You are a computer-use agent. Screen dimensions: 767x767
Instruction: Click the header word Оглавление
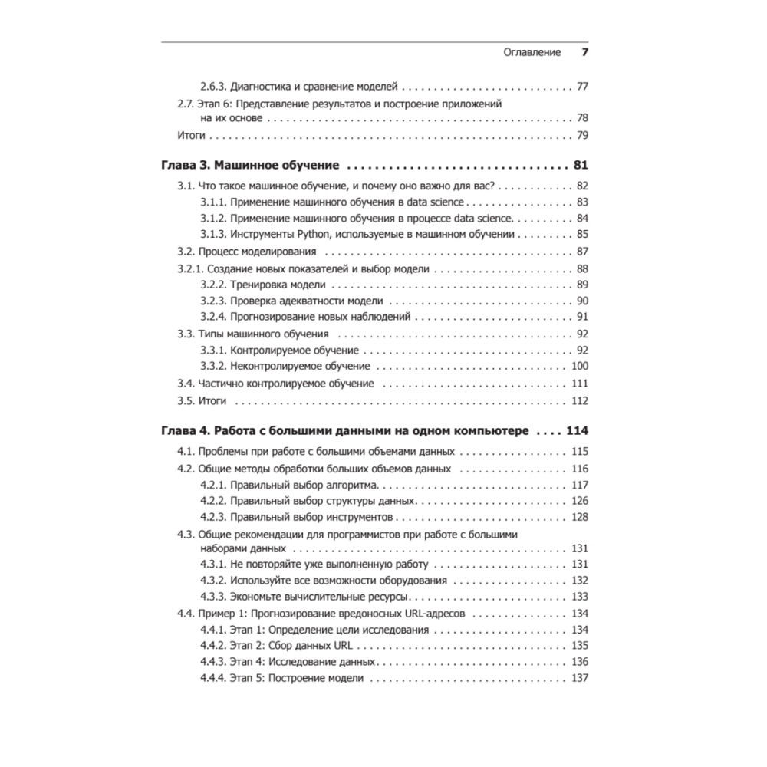coord(532,52)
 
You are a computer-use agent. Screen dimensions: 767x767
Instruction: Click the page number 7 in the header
coord(584,52)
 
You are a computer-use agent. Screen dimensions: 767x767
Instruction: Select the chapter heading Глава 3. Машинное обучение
coord(252,165)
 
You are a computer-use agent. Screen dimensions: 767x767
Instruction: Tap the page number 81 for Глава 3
coord(580,165)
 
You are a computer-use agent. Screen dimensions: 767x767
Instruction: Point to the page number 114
coord(577,431)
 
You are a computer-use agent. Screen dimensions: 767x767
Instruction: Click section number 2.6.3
coord(214,87)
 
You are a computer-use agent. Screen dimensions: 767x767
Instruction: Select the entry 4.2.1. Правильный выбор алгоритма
coord(291,485)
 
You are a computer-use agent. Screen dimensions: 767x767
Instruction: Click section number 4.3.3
coord(214,597)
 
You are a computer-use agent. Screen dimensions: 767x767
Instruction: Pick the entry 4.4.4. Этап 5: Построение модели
coord(282,679)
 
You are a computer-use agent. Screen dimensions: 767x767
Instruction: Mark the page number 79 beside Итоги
coord(581,136)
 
